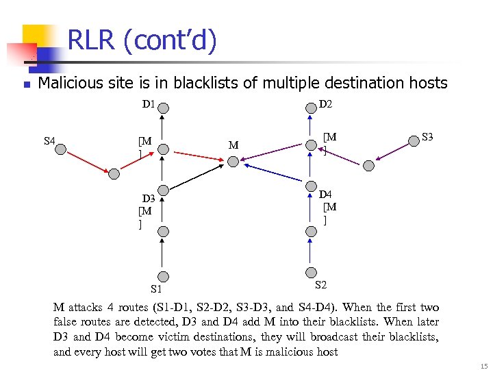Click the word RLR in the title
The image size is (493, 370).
click(91, 42)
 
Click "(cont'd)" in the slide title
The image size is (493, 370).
click(171, 42)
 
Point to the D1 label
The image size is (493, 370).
click(149, 105)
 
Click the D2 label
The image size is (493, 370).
click(326, 104)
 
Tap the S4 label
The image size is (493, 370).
click(49, 141)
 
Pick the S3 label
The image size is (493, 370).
click(428, 136)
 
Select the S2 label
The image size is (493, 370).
click(320, 284)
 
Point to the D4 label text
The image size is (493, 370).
click(325, 195)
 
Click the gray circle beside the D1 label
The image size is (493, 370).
click(163, 108)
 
